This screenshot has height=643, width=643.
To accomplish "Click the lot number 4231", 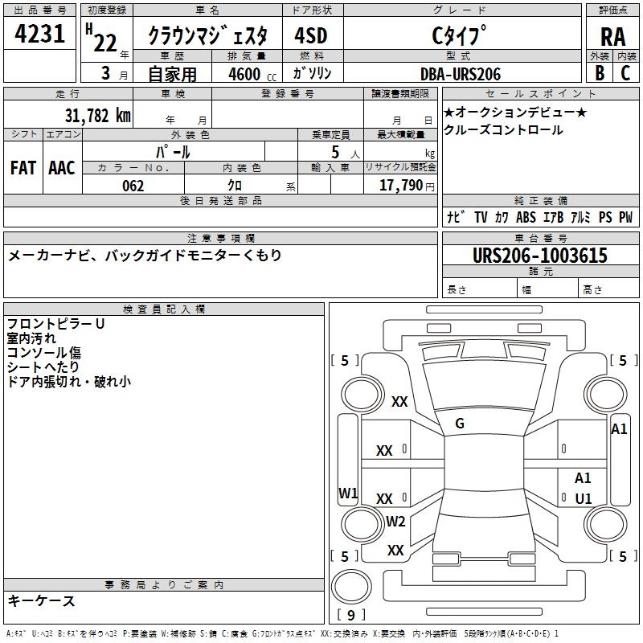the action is click(39, 34).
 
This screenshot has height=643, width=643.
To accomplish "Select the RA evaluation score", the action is click(612, 37).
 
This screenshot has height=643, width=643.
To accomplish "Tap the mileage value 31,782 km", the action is click(97, 115).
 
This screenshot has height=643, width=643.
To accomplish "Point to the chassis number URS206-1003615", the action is click(539, 255).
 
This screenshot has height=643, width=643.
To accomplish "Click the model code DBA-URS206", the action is click(461, 74).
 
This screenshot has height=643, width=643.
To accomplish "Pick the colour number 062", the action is click(133, 186).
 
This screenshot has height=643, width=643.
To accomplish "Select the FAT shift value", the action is click(23, 168).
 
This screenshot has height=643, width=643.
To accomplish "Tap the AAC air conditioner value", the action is click(62, 168).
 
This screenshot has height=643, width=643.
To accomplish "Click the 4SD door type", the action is click(311, 35).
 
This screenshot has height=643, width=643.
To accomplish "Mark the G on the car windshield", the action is click(460, 424).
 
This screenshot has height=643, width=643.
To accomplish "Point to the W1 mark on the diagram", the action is click(348, 493).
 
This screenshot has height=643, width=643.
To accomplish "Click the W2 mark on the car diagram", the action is click(395, 521).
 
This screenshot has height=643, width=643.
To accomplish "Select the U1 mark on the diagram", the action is click(584, 498).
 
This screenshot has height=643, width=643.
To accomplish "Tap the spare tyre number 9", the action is click(351, 615).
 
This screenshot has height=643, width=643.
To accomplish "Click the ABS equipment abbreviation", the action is click(526, 217).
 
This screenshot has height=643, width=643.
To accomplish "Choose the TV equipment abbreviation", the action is click(481, 217).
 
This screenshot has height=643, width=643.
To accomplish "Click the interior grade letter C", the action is click(625, 73).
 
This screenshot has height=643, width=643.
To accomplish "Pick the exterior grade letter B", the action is click(599, 73).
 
